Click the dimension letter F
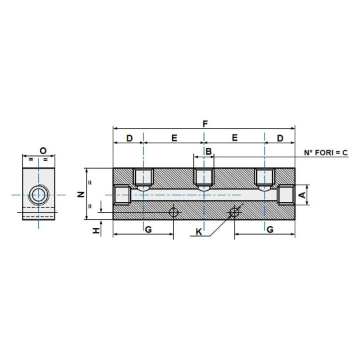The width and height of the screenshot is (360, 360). [x=205, y=123]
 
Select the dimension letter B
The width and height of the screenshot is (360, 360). [x=208, y=153]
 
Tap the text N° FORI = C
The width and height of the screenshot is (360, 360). [x=326, y=153]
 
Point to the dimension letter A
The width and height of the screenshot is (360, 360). [x=301, y=195]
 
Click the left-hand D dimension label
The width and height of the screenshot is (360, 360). [x=129, y=138]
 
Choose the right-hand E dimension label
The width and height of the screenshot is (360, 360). [x=235, y=138]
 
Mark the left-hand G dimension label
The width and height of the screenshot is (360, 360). [x=147, y=229]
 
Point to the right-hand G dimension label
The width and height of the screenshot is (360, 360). [x=269, y=229]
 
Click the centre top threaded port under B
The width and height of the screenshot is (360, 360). [x=203, y=177]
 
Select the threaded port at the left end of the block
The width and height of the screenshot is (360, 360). [x=122, y=195]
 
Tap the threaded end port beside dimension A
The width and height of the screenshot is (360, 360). [x=285, y=195]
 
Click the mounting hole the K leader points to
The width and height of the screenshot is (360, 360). [x=234, y=213]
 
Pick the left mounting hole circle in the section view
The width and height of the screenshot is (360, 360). [x=174, y=213]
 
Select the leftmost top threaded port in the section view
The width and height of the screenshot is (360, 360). [x=143, y=177]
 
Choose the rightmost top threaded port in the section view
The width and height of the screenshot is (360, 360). [x=265, y=177]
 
